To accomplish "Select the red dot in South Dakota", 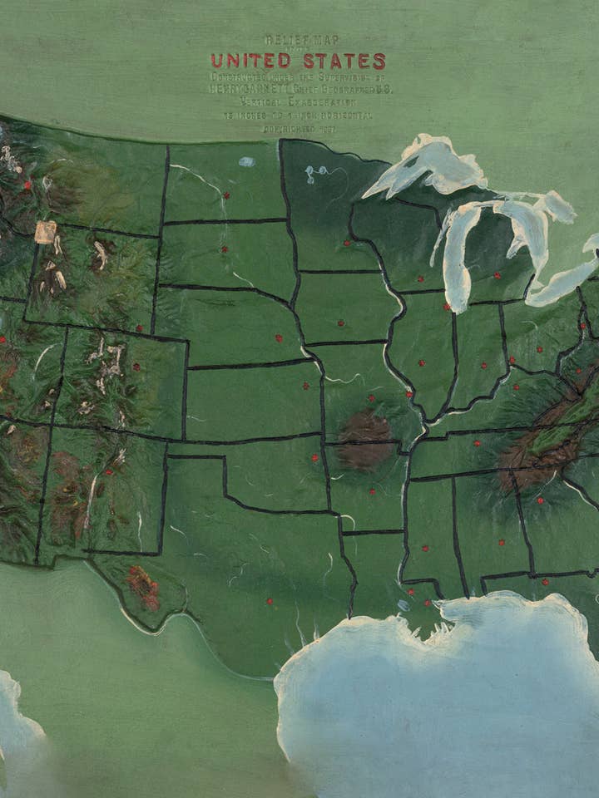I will (x=224, y=249).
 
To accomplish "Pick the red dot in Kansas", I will (x=305, y=386).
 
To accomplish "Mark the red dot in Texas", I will (x=269, y=601).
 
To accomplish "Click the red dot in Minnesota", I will (x=347, y=244).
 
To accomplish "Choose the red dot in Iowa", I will (x=340, y=323).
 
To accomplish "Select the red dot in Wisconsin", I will (x=420, y=278).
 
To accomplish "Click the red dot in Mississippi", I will (x=425, y=548).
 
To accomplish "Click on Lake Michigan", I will (x=456, y=258).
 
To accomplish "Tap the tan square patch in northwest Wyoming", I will (x=45, y=232).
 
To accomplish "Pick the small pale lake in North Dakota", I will (x=247, y=162).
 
